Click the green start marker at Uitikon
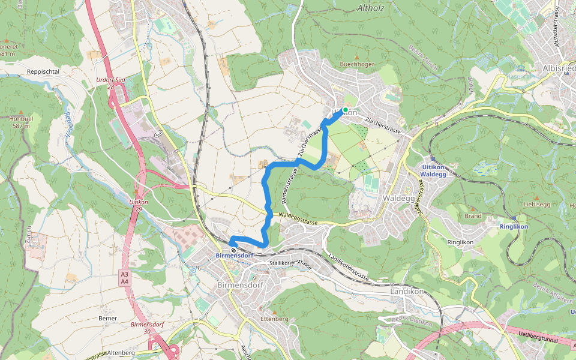pyautogui.click(x=345, y=110)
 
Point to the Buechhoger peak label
pyautogui.click(x=357, y=64)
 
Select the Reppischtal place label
pyautogui.click(x=43, y=71)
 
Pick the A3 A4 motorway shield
pyautogui.click(x=124, y=278)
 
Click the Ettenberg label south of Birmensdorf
pyautogui.click(x=275, y=319)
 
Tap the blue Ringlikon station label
pyautogui.click(x=514, y=227)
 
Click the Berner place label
pyautogui.click(x=109, y=318)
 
